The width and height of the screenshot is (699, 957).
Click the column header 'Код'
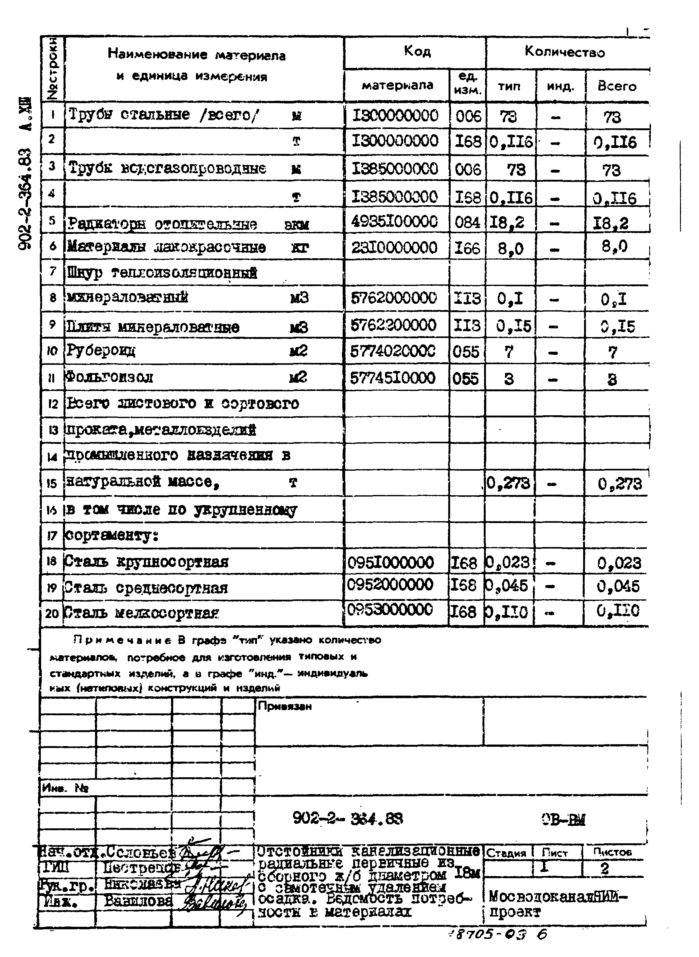click(x=417, y=52)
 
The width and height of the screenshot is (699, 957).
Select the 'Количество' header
click(x=564, y=52)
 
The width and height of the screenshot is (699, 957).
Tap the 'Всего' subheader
click(x=616, y=86)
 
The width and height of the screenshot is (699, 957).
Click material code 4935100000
click(x=394, y=222)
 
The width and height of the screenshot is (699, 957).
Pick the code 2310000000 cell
click(x=394, y=247)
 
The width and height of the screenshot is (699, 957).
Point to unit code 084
click(x=467, y=222)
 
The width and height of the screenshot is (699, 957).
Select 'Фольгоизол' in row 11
click(x=109, y=377)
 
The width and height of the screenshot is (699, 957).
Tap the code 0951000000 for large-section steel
click(x=390, y=562)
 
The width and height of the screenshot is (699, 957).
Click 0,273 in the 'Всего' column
click(x=620, y=483)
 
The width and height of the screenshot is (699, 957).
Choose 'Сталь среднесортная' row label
click(x=146, y=588)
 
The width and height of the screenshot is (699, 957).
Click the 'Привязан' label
click(x=284, y=706)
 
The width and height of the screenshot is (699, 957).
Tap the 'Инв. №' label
click(x=65, y=788)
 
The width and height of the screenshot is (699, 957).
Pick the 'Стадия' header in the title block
click(x=506, y=853)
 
